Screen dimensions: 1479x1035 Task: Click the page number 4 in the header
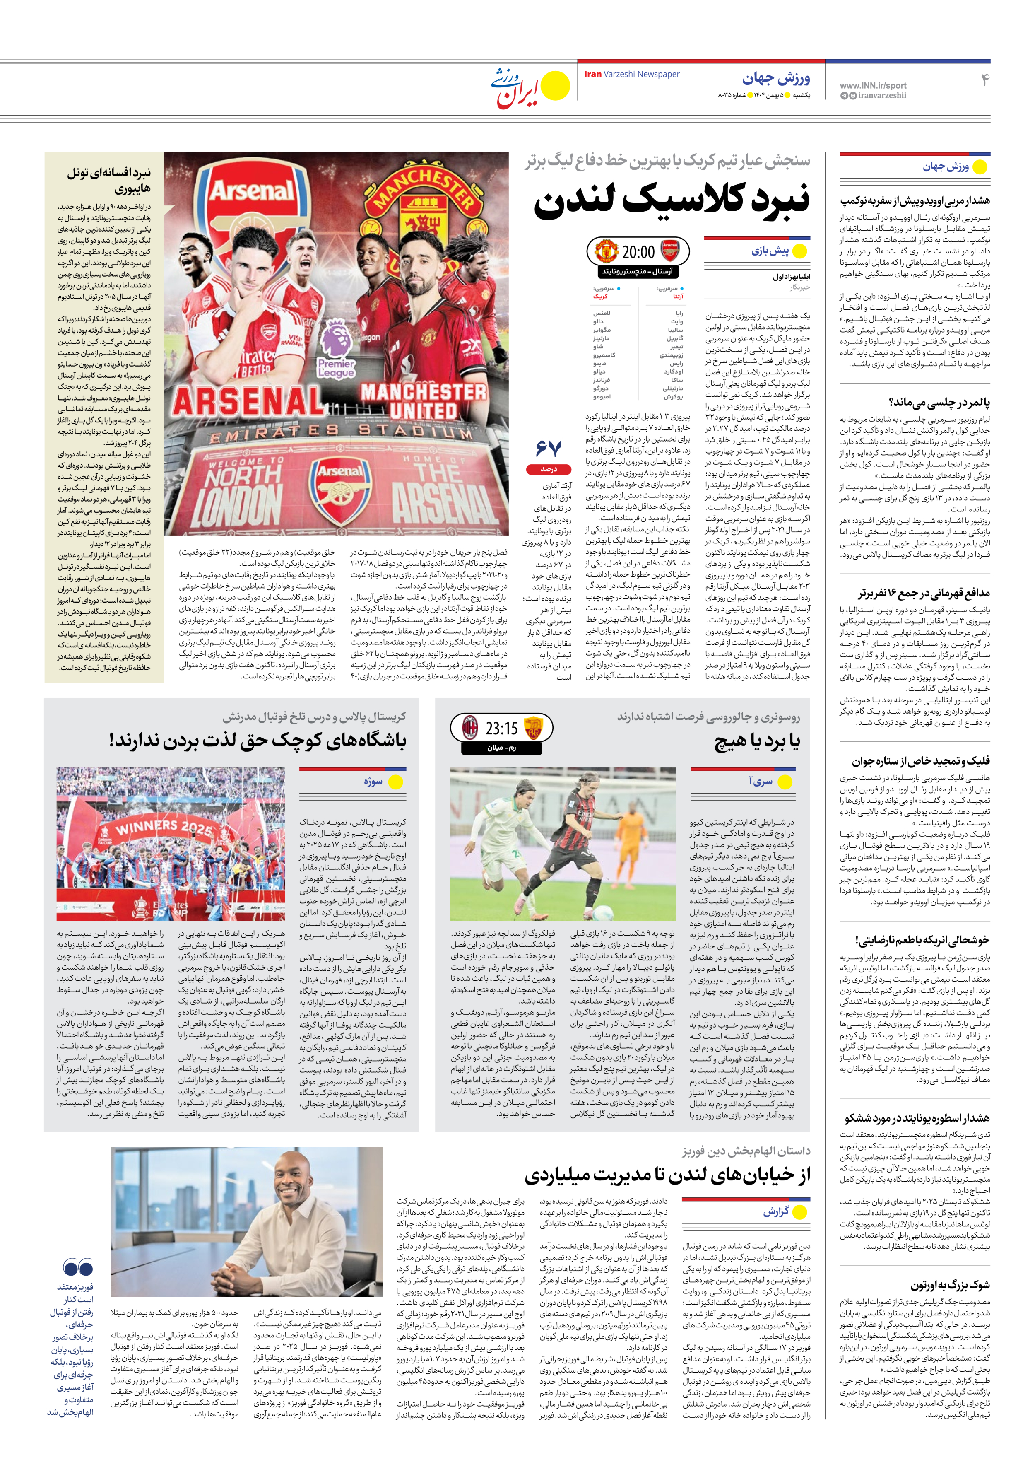click(x=984, y=80)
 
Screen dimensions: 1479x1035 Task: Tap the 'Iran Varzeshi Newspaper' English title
click(x=631, y=74)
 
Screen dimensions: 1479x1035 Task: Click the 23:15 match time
click(x=502, y=729)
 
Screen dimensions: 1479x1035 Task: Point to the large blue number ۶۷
click(x=549, y=448)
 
